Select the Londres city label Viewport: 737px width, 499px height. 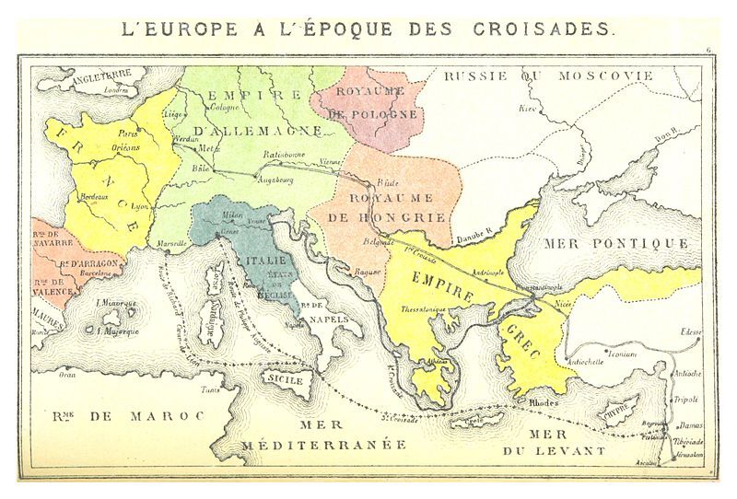[x=115, y=91]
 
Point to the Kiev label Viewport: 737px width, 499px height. [x=528, y=108]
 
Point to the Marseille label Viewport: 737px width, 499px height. [x=173, y=243]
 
